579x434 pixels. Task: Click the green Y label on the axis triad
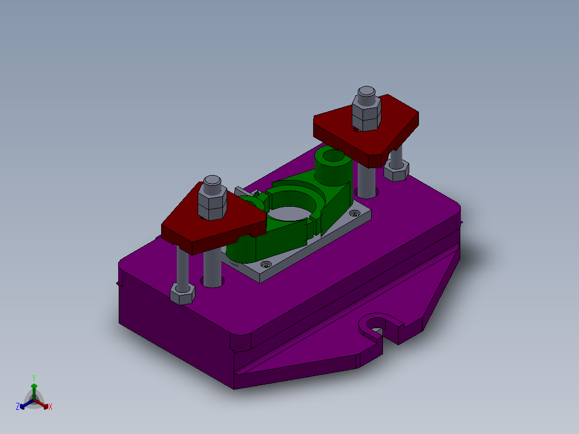[34, 378]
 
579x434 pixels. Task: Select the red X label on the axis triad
[50, 407]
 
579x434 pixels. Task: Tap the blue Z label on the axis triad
[18, 407]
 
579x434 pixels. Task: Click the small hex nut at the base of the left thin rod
[182, 294]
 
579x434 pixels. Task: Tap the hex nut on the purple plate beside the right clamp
[397, 171]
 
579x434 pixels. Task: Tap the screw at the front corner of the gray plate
[265, 265]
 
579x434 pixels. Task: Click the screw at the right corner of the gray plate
[353, 214]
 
